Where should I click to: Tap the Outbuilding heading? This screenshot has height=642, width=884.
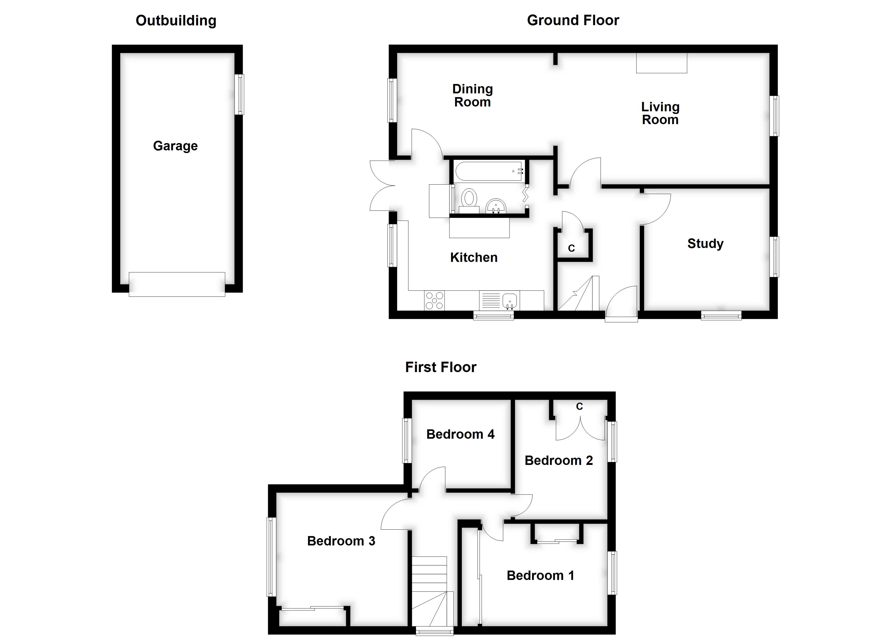click(176, 21)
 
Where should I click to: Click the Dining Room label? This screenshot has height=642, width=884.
click(472, 95)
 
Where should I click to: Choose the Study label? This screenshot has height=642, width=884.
click(705, 243)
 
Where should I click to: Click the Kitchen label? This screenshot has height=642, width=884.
click(474, 257)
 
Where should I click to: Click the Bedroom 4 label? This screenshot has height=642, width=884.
click(460, 434)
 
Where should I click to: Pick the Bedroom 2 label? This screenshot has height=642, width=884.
click(559, 461)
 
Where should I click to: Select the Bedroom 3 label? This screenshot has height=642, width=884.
click(341, 541)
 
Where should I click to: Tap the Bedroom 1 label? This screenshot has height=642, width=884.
click(540, 575)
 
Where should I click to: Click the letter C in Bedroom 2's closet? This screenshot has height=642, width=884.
click(579, 406)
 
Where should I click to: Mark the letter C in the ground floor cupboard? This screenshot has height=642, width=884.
click(571, 248)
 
